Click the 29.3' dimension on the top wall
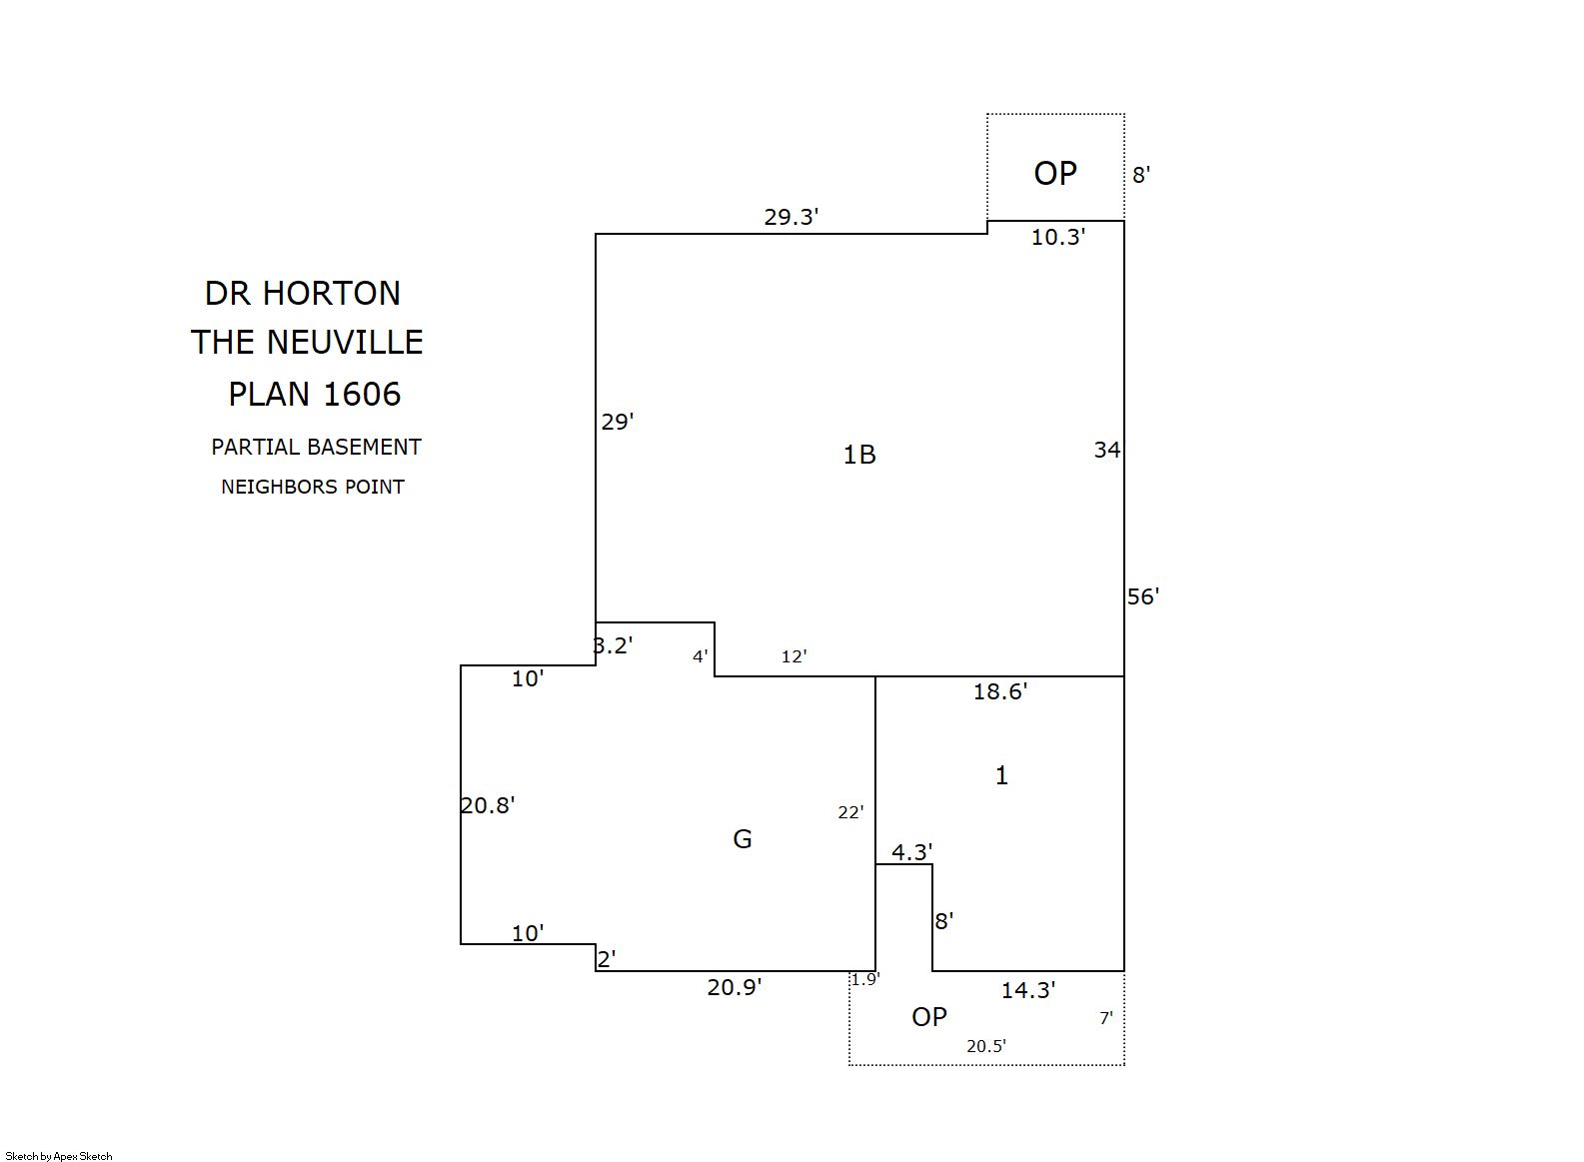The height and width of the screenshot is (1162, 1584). (x=792, y=217)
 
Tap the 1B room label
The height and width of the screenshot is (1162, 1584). (x=859, y=455)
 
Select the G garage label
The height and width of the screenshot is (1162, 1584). (x=743, y=839)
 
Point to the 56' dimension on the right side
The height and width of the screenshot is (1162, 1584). (x=1142, y=596)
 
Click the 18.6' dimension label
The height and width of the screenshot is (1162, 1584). (x=1000, y=691)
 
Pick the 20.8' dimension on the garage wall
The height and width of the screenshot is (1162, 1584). (x=488, y=805)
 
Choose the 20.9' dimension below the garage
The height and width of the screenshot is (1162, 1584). (x=735, y=987)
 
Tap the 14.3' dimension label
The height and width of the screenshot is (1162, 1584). (x=1028, y=990)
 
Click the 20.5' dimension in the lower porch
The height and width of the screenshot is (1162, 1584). (x=986, y=1046)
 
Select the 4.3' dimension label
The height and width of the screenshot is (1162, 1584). (x=912, y=851)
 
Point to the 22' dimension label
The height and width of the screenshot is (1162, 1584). (x=850, y=812)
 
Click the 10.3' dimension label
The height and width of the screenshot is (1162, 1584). (x=1058, y=237)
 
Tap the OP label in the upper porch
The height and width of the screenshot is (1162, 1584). (x=1055, y=173)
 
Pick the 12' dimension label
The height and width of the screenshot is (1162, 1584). (x=794, y=656)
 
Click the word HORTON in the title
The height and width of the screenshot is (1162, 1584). (x=332, y=294)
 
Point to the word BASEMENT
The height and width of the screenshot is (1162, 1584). (x=364, y=448)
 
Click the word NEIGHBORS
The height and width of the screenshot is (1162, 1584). (x=279, y=487)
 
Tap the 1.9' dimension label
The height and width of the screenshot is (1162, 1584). (x=864, y=979)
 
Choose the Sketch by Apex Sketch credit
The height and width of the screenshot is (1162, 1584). (x=59, y=1156)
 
